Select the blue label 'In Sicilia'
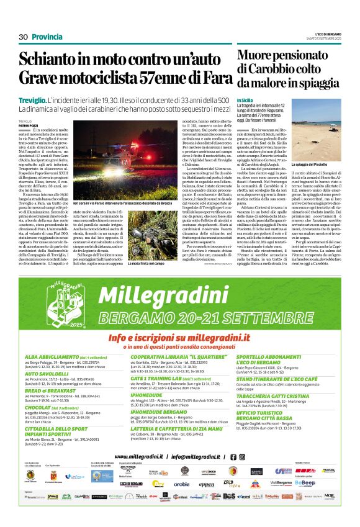tap(245, 100)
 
